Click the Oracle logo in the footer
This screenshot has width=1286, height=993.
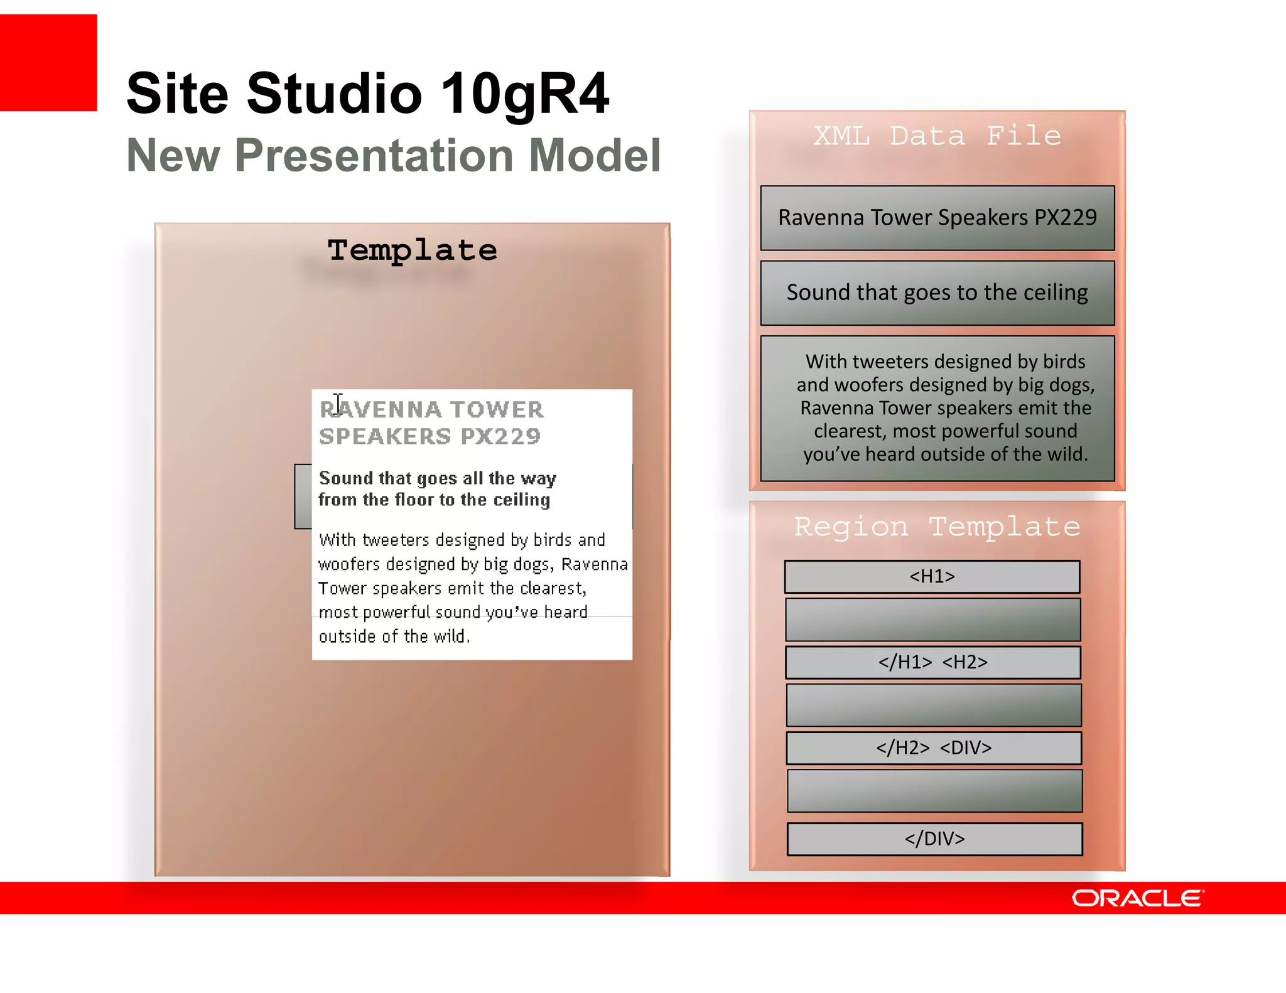[x=1137, y=898]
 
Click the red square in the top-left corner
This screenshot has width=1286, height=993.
[x=48, y=63]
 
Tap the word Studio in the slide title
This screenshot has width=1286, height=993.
[x=334, y=94]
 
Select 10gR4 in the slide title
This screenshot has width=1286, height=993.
[x=525, y=94]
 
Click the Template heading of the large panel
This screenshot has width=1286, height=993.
[x=412, y=250]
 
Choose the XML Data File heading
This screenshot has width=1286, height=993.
[x=937, y=136]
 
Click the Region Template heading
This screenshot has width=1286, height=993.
[x=937, y=527]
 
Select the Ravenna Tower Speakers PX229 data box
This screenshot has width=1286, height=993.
[x=937, y=218]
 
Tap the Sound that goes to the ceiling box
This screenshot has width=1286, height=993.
[x=937, y=293]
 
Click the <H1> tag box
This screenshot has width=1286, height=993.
[x=932, y=576]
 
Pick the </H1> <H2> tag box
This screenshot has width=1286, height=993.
[x=932, y=662]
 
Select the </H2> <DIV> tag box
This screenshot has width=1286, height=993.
[x=934, y=748]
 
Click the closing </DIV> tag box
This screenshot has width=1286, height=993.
[x=934, y=839]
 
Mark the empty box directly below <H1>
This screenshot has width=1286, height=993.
[x=932, y=620]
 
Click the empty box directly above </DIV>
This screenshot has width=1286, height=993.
[x=934, y=791]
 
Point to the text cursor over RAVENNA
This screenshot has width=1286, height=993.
[x=338, y=403]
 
